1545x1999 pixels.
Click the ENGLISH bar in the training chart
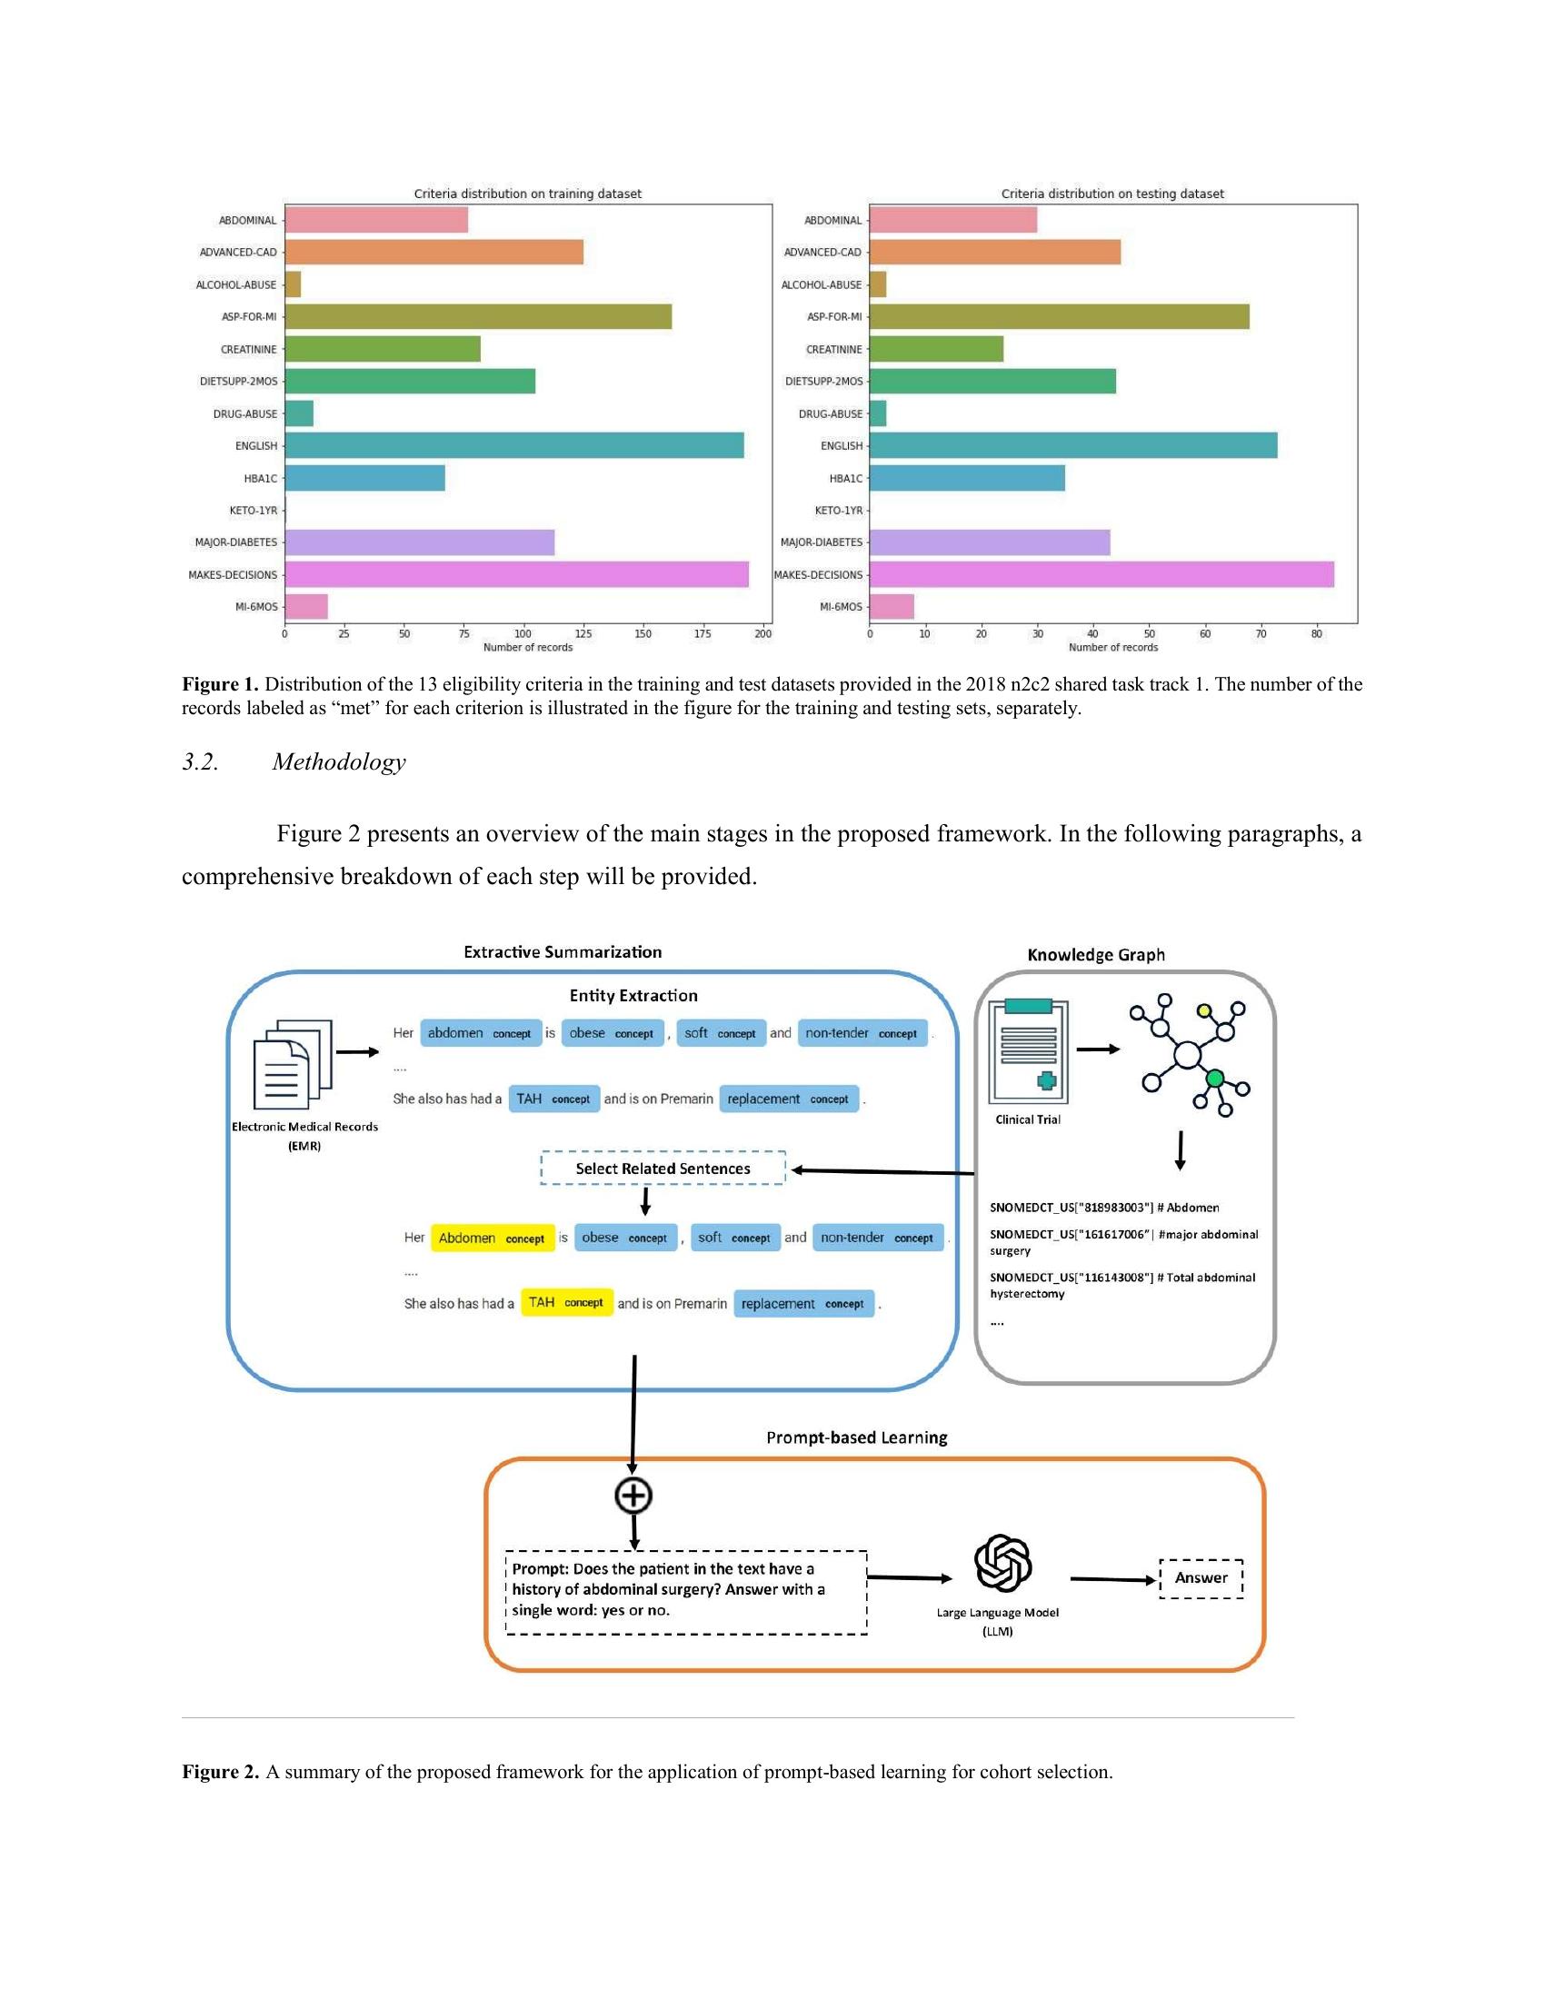513,446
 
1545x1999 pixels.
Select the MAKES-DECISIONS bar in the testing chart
1101,575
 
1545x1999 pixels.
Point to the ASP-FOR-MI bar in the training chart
478,317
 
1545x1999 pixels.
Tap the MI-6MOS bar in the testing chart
891,607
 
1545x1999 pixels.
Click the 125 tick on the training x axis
583,633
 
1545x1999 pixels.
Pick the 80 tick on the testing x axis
1316,633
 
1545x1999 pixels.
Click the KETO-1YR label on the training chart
253,511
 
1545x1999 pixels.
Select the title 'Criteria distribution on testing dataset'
1112,194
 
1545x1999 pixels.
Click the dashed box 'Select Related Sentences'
663,1168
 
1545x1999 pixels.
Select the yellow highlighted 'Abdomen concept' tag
492,1238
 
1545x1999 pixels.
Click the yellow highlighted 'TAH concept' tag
565,1302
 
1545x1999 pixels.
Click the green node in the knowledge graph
1214,1079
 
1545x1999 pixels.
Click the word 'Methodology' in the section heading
339,761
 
